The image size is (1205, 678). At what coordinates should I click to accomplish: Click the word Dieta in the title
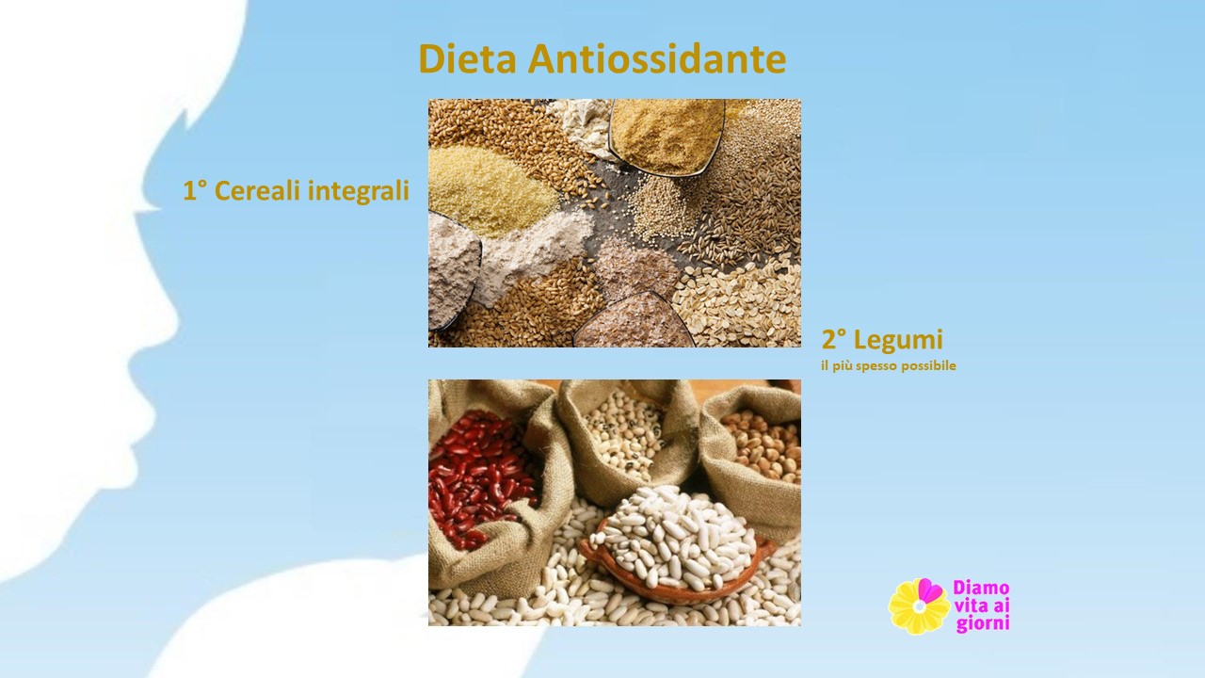468,58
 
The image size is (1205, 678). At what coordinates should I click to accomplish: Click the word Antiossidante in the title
657,58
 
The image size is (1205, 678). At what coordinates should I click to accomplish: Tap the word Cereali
258,190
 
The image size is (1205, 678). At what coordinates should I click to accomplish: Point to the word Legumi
898,340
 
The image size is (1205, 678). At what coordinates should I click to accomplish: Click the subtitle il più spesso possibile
888,366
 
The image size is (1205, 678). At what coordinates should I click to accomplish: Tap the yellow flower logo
919,606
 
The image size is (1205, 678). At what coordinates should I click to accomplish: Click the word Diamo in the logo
981,587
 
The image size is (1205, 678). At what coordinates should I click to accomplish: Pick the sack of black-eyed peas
627,436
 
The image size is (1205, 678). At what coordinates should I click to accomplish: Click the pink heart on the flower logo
930,589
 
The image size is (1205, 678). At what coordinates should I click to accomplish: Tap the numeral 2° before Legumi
834,340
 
